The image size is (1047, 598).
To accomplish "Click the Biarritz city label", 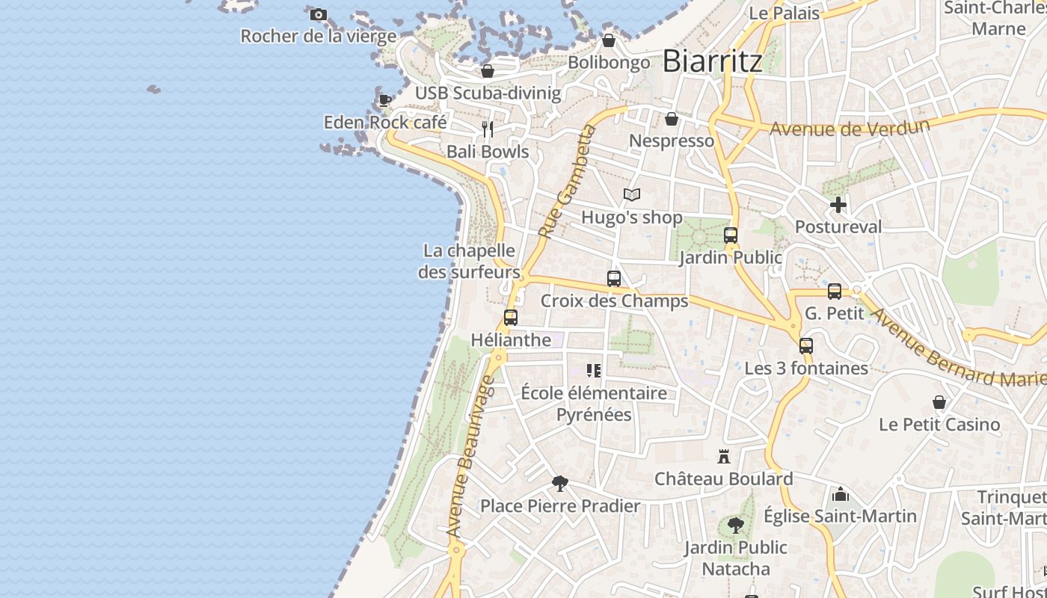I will click(712, 61).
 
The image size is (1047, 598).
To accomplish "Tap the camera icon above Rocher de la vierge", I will click(318, 14).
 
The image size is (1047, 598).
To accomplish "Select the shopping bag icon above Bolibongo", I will click(609, 40).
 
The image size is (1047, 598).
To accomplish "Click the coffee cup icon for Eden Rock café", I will click(385, 100).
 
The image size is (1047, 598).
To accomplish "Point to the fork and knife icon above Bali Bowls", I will click(488, 129).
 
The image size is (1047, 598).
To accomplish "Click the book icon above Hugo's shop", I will click(632, 195).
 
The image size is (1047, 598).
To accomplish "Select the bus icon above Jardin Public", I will click(731, 235).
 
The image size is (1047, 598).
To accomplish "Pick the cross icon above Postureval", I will click(838, 205).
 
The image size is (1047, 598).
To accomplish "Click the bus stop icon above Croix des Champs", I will click(614, 279).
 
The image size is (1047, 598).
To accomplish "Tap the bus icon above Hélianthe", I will click(511, 318).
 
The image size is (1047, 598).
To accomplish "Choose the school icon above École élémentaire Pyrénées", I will click(594, 371).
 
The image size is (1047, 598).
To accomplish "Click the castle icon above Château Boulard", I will click(723, 456).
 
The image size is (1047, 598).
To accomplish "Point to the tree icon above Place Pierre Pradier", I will click(559, 484).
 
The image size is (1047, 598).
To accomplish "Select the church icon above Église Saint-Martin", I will click(841, 494).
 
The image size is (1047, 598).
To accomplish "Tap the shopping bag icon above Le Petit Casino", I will click(939, 402).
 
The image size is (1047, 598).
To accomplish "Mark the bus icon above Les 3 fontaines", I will click(805, 346).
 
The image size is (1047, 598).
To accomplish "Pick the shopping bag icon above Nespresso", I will click(672, 119).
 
